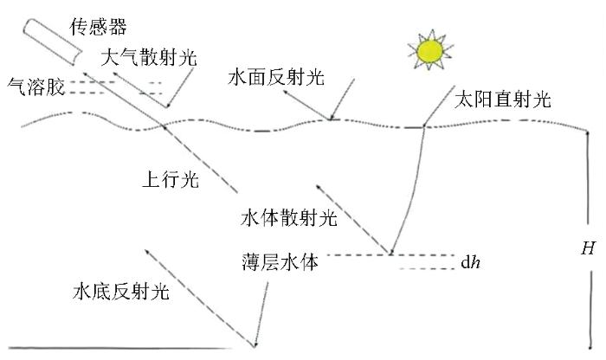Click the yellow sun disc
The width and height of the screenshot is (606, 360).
click(x=429, y=50)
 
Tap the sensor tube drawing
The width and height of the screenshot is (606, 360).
click(x=53, y=42)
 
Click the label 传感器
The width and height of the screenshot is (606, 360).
click(x=98, y=27)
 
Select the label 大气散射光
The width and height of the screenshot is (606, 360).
click(x=149, y=58)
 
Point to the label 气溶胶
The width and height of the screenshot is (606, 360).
click(x=36, y=87)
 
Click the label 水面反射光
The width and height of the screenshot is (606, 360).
click(x=276, y=77)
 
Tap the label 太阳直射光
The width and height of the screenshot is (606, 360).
click(x=502, y=100)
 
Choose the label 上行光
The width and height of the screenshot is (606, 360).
click(x=171, y=180)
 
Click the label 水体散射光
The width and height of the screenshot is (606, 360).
click(x=288, y=218)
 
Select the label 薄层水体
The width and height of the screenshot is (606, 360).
click(x=280, y=262)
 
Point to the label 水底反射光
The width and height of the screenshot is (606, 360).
click(x=121, y=291)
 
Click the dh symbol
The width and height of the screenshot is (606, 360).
click(x=470, y=263)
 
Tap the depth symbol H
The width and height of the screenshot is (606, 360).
click(x=588, y=248)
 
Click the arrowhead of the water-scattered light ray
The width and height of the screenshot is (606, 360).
click(x=318, y=187)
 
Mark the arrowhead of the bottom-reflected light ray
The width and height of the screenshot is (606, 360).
click(x=146, y=251)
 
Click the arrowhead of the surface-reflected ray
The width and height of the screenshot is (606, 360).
click(x=285, y=93)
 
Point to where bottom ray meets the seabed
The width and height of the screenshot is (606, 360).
click(x=255, y=345)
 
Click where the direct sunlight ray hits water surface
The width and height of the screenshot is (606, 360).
click(x=424, y=126)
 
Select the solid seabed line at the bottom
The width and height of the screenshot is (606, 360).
click(x=119, y=348)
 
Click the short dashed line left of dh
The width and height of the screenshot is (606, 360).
click(x=427, y=268)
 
